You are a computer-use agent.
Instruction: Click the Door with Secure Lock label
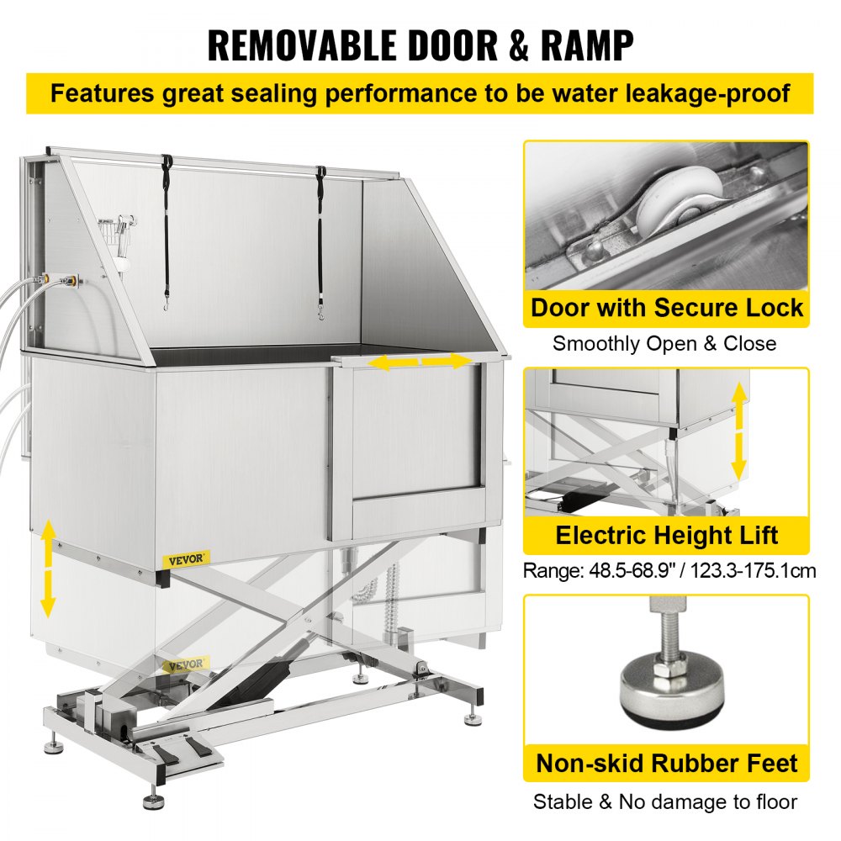click(666, 308)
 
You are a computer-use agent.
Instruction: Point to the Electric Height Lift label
click(666, 535)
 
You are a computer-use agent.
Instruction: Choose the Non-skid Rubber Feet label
click(666, 763)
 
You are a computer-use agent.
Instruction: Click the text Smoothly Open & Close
click(664, 343)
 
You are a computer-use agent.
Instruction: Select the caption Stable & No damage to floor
click(664, 801)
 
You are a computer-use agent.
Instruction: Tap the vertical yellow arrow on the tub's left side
click(48, 568)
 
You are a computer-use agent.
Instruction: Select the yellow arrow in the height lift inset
click(738, 431)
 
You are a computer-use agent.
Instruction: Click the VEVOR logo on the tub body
click(188, 558)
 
